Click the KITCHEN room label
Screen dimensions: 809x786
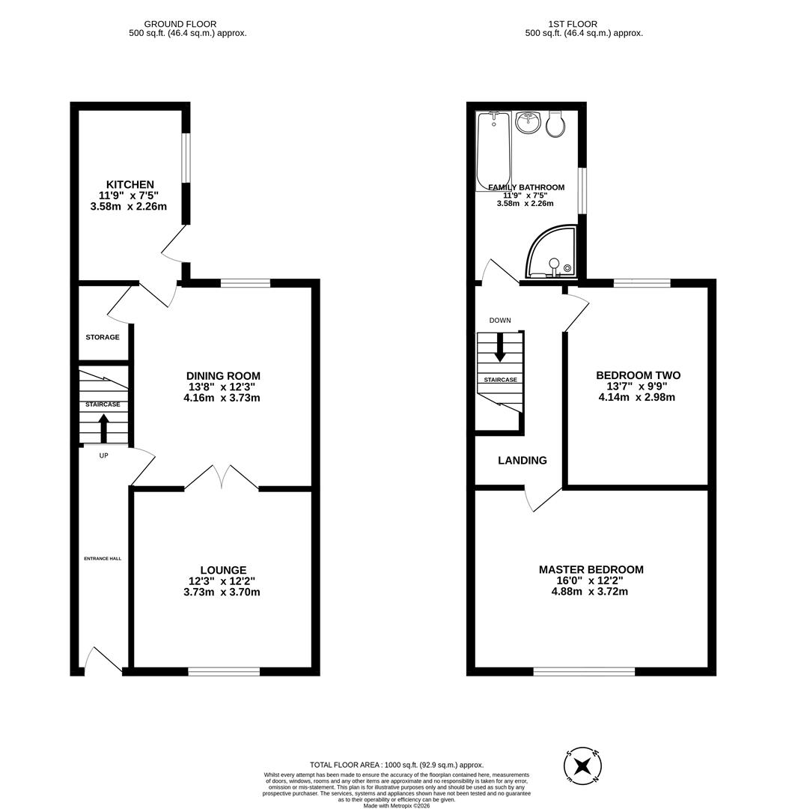point(130,184)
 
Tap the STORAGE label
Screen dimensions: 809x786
point(102,337)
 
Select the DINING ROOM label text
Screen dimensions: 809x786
point(223,376)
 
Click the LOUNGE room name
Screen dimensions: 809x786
point(223,570)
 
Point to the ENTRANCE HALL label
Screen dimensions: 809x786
point(103,558)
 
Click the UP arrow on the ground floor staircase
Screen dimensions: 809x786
point(103,428)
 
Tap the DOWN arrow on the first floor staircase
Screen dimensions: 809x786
point(499,346)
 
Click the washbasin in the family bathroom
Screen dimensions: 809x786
point(529,122)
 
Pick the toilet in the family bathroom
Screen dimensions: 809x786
point(556,124)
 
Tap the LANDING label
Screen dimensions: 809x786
point(523,461)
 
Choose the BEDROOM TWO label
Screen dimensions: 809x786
point(638,375)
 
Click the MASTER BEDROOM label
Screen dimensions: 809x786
point(591,569)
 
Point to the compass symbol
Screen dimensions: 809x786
point(583,766)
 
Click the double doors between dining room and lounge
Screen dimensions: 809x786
point(222,477)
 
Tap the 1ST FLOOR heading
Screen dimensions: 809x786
point(584,24)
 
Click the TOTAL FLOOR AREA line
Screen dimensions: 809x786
point(397,765)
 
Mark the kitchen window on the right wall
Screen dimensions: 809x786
point(186,157)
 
